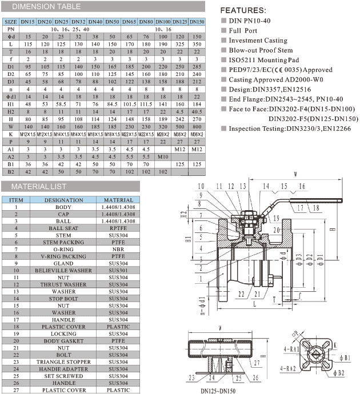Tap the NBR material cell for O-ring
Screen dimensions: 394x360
tap(119, 250)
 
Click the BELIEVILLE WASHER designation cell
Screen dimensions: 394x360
tap(63, 271)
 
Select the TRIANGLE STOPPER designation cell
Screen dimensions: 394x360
tap(63, 362)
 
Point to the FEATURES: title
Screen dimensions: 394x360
tap(243, 10)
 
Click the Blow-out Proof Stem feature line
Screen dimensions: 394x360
tap(261, 50)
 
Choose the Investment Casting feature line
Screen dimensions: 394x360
tap(258, 41)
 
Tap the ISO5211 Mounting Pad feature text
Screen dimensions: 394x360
tap(263, 60)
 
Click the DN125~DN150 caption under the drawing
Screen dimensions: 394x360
tap(217, 390)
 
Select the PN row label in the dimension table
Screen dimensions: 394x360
tap(10, 29)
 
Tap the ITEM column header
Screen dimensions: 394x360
tap(17, 200)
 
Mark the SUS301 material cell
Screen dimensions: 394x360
tap(119, 271)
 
